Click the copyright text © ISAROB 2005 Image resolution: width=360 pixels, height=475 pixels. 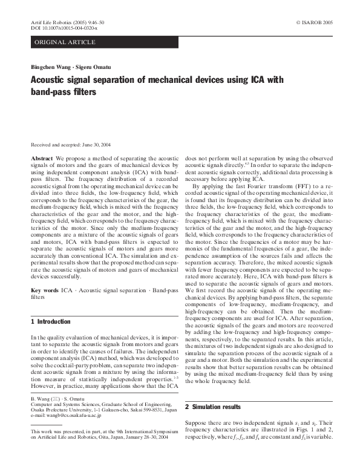(x=315, y=22)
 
